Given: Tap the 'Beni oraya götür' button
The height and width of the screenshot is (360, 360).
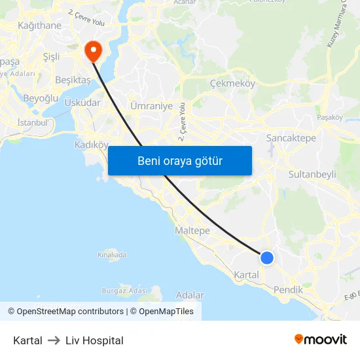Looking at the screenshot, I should pos(179,160).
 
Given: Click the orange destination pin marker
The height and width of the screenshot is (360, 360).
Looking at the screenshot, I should pos(92,50).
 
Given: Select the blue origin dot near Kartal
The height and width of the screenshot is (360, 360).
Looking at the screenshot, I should pos(266,257).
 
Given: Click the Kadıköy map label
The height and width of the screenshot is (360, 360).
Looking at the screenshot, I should pos(91,145).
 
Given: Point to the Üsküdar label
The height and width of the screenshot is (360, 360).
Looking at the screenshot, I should pos(82,102).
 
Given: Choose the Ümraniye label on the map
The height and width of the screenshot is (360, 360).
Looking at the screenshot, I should pos(151,105).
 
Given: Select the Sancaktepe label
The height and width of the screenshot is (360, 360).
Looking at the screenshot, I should pos(291,138).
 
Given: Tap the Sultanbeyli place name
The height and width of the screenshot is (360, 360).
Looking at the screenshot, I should pos(312,175).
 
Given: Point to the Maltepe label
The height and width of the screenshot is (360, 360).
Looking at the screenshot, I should pos(192,230).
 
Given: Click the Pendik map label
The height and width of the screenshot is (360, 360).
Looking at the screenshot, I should pos(288,289).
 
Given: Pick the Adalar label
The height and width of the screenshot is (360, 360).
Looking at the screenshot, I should pos(190,295).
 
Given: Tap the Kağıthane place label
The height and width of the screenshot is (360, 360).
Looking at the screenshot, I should pos(39,26).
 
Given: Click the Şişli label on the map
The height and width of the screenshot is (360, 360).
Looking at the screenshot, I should pos(50,56).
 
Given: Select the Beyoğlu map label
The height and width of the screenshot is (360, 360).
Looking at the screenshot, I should pos(41,98).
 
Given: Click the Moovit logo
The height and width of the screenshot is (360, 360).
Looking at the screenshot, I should pos(321,339).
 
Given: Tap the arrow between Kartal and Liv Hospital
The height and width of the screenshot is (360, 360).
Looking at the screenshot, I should pos(54,340).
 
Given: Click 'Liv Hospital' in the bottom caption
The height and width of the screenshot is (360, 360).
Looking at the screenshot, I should pos(94,340).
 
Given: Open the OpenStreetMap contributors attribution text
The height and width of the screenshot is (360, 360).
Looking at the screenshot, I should pos(70,312).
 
